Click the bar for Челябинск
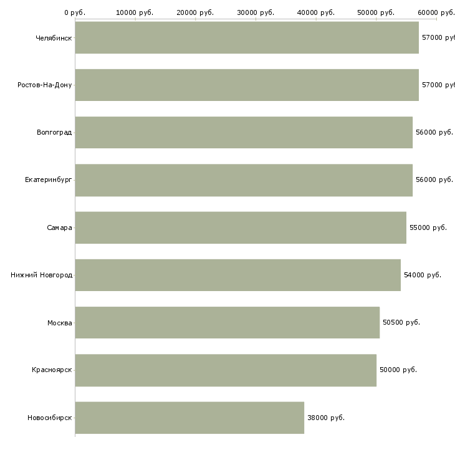pyautogui.click(x=247, y=37)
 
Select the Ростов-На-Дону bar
pyautogui.click(x=247, y=85)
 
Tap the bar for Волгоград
pyautogui.click(x=244, y=132)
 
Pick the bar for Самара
pyautogui.click(x=241, y=228)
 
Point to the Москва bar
pyautogui.click(x=228, y=322)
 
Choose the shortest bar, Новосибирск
pyautogui.click(x=189, y=418)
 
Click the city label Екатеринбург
pyautogui.click(x=48, y=180)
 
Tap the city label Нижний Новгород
pyautogui.click(x=41, y=275)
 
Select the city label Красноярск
pyautogui.click(x=52, y=370)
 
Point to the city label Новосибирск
pyautogui.click(x=49, y=418)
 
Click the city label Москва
pyautogui.click(x=59, y=323)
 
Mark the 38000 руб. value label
pyautogui.click(x=326, y=418)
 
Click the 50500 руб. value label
pyautogui.click(x=401, y=322)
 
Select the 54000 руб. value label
pyautogui.click(x=423, y=275)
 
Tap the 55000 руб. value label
pyautogui.click(x=428, y=228)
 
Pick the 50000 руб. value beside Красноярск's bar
pyautogui.click(x=398, y=370)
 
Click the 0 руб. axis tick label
pyautogui.click(x=75, y=12)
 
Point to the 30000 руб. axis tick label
pyautogui.click(x=256, y=12)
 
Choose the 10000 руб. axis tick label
pyautogui.click(x=135, y=12)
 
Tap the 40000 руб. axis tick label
pyautogui.click(x=316, y=12)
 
